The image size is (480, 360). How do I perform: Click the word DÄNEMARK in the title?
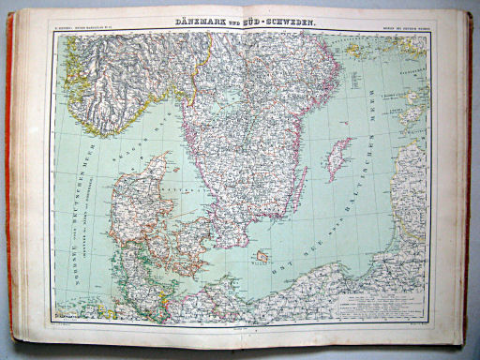pyautogui.click(x=200, y=21)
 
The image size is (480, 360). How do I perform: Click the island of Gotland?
pyautogui.click(x=339, y=157)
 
